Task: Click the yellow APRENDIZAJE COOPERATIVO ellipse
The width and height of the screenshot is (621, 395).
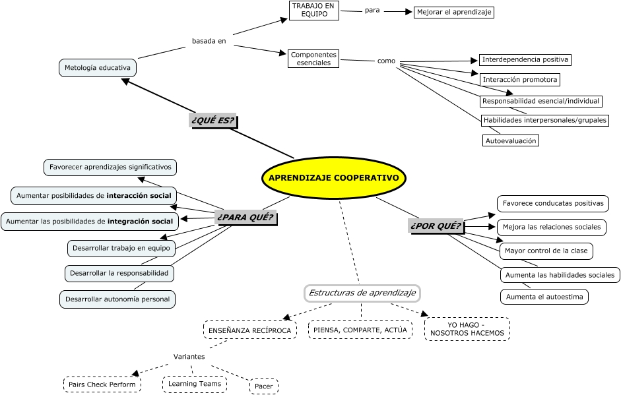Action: [x=334, y=178]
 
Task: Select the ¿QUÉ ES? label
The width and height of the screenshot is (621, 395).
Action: [x=212, y=121]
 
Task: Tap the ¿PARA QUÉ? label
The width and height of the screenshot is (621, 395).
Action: [x=245, y=217]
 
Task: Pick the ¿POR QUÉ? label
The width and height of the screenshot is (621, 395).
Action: [x=436, y=226]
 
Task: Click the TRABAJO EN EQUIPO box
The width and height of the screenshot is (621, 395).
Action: [x=314, y=11]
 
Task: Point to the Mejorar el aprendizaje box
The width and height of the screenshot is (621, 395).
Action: [x=454, y=12]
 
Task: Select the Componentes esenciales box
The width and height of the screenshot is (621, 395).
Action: [x=313, y=59]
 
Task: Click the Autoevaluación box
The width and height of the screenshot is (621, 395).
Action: [x=511, y=140]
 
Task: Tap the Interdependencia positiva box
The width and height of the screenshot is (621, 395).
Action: [x=525, y=60]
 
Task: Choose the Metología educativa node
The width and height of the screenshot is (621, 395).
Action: [x=98, y=68]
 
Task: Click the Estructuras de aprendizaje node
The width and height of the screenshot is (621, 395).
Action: [x=362, y=293]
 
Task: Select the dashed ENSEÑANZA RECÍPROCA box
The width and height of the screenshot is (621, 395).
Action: [x=249, y=330]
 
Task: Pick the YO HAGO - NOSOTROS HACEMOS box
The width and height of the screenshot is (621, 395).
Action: [x=467, y=328]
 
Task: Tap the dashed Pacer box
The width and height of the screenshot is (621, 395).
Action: [x=264, y=386]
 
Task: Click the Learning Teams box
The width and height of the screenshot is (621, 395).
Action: [x=195, y=384]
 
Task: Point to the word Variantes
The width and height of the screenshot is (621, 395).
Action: [x=189, y=357]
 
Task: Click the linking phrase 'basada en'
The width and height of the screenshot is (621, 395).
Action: [x=209, y=41]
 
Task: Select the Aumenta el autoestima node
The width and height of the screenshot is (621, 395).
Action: [x=544, y=297]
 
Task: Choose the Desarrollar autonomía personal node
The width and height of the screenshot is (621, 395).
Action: [x=117, y=299]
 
